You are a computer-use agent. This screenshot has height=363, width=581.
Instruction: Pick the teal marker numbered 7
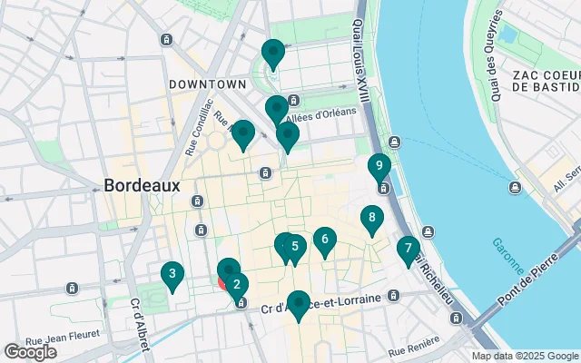click(409, 248)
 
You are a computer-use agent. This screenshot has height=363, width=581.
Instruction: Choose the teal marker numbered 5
click(295, 245)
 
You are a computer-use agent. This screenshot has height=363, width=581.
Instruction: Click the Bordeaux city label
click(143, 184)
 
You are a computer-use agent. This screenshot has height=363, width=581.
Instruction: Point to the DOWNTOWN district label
click(207, 83)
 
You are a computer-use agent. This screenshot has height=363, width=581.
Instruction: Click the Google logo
click(31, 351)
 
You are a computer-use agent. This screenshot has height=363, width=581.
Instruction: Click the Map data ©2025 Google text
click(524, 356)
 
